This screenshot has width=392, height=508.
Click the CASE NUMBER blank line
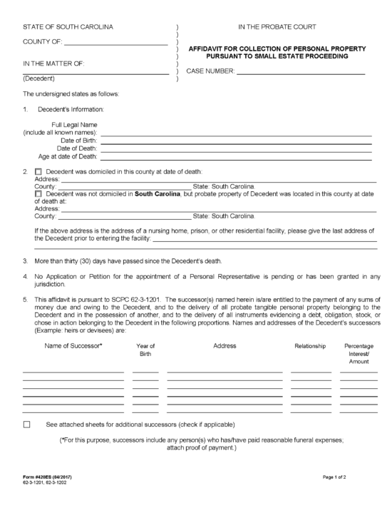(x=300, y=73)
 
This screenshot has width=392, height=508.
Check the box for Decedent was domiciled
(x=38, y=172)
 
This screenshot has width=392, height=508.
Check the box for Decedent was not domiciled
(x=38, y=194)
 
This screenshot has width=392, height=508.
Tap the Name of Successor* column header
(x=73, y=346)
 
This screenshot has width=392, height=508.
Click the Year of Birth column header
(x=145, y=350)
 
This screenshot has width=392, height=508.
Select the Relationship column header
(x=310, y=346)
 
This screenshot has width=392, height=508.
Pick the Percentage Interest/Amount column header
(x=359, y=354)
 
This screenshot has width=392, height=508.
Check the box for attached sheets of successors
(x=27, y=425)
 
